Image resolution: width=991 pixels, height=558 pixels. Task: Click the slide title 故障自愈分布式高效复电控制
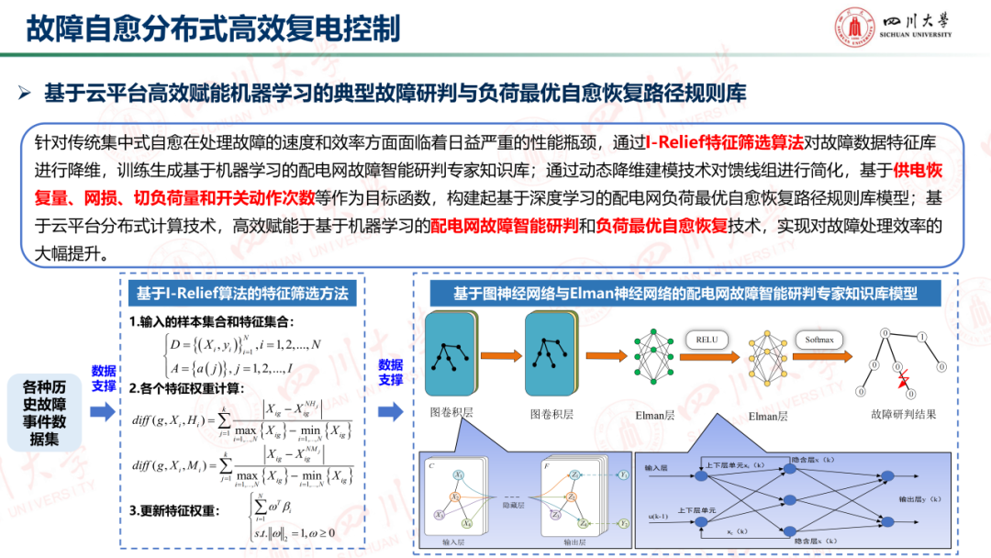213,28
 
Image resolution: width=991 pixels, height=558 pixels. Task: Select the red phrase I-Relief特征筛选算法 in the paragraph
724,143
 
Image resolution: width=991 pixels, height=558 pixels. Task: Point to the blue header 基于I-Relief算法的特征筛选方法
242,294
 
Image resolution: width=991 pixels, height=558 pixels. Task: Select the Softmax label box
819,340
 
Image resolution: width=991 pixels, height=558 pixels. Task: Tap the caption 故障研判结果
904,415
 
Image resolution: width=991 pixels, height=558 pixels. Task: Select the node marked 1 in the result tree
922,335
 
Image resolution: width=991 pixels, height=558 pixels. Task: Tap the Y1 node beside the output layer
623,475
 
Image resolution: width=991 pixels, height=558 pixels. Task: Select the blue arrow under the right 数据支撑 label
391,412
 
